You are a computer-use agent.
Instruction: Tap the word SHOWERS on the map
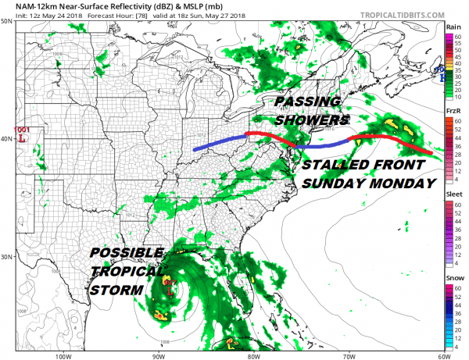(311, 121)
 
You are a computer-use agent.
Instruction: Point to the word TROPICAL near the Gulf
(127, 271)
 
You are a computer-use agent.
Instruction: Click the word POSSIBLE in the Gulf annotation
(127, 254)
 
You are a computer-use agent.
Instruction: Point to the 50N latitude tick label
(7, 22)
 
